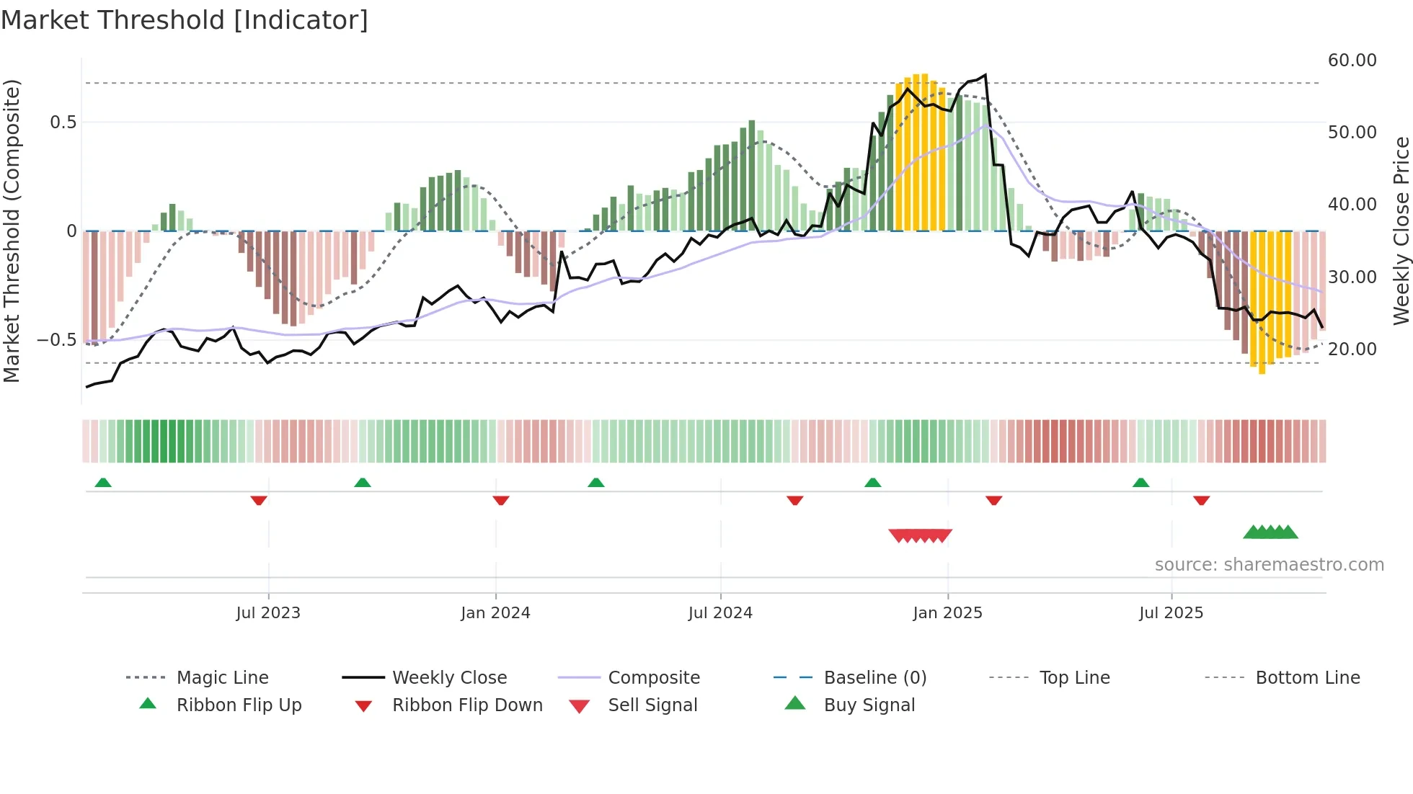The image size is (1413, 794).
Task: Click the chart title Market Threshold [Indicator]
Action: point(185,20)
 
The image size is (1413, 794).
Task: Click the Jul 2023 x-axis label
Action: point(268,613)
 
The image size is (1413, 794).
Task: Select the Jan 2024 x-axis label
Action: point(495,613)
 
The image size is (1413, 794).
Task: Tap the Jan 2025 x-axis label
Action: point(947,613)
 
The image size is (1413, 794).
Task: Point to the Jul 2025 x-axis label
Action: point(1171,613)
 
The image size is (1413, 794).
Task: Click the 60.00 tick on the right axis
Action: point(1352,61)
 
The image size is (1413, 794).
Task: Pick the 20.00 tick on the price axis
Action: point(1352,349)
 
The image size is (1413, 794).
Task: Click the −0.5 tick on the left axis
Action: point(57,340)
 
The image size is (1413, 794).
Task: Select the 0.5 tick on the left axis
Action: point(63,122)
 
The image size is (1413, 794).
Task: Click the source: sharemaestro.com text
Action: point(1269,565)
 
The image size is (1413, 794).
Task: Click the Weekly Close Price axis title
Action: point(1401,231)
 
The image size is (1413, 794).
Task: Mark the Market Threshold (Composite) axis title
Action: point(12,231)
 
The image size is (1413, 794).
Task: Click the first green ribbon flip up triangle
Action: point(103,483)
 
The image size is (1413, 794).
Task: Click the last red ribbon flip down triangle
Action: point(1201,500)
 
